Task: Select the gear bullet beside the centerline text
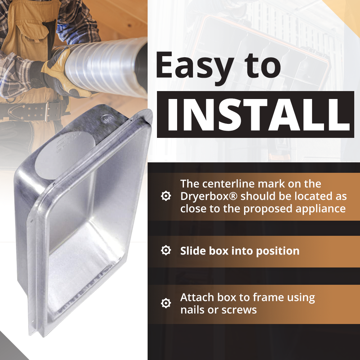pyautogui.click(x=166, y=196)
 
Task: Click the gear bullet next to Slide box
pyautogui.click(x=166, y=251)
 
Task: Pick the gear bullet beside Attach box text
pyautogui.click(x=166, y=303)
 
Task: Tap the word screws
pyautogui.click(x=239, y=310)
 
